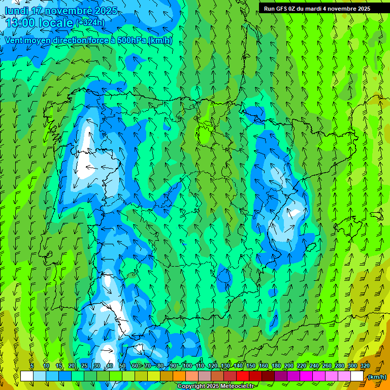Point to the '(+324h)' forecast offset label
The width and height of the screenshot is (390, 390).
(90, 22)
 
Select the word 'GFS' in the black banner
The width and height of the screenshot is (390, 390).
(281, 8)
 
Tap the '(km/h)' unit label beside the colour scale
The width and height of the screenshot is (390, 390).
(377, 377)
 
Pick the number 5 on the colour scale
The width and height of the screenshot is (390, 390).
(32, 366)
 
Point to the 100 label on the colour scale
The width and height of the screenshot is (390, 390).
(187, 366)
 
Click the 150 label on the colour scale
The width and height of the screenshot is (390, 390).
(251, 366)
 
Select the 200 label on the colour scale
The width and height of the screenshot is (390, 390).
(289, 366)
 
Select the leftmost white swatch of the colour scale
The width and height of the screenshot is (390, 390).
(27, 376)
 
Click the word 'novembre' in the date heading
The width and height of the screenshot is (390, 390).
(70, 11)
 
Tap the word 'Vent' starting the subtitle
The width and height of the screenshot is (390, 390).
(14, 40)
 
